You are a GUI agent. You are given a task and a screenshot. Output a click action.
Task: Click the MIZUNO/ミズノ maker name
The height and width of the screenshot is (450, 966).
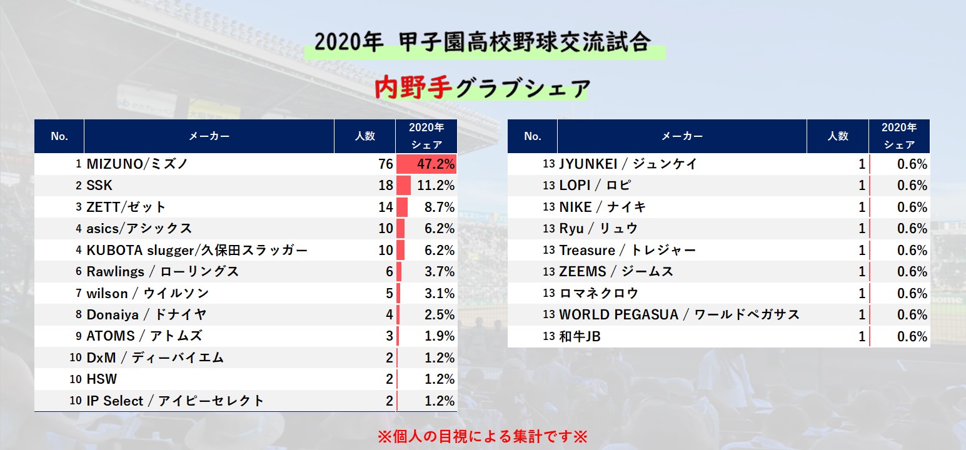coord(137,164)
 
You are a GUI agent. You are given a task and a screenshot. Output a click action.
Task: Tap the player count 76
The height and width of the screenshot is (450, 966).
coord(385,164)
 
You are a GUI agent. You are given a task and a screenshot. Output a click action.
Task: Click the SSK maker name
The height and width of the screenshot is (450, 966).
coord(99,186)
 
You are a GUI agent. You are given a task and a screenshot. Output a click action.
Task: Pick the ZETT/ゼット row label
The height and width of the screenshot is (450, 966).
coord(126,207)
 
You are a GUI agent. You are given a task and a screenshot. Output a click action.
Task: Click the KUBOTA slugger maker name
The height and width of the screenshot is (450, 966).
coord(197,251)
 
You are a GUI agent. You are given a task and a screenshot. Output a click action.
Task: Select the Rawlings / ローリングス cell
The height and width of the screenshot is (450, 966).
coord(163,272)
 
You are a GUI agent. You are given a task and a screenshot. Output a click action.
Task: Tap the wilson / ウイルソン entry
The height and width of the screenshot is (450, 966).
coord(148,293)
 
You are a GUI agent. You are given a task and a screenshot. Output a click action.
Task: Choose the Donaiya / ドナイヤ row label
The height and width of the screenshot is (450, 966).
coord(146,315)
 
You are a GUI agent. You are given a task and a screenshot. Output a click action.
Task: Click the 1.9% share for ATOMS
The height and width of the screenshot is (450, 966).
coord(439,336)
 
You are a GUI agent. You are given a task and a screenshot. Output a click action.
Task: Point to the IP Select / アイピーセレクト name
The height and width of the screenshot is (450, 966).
coord(175,401)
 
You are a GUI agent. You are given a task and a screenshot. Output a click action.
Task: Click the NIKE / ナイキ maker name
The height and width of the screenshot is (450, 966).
coord(603,207)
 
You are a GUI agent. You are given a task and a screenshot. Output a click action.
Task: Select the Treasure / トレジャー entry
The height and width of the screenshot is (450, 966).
coord(627,251)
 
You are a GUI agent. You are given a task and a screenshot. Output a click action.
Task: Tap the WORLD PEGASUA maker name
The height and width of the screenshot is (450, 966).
coord(679,315)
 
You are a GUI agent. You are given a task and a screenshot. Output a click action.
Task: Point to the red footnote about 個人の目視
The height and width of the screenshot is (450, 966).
coord(483,436)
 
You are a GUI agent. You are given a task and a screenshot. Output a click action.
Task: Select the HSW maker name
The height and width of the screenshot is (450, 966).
coord(101,379)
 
